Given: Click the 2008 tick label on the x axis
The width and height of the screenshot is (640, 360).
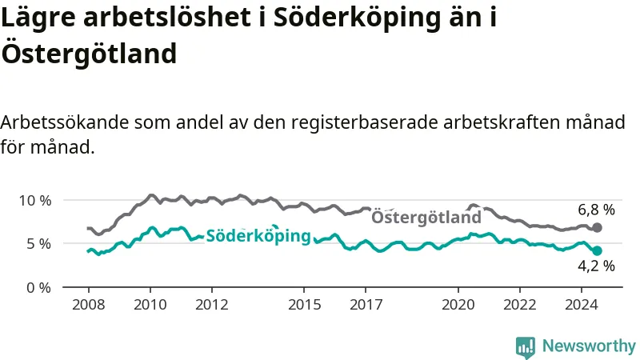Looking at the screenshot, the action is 89,305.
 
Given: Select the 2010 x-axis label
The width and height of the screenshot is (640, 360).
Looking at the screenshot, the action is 150,305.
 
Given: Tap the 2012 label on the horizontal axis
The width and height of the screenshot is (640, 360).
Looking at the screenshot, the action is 212,305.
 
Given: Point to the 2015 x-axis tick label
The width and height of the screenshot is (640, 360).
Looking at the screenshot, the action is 305,305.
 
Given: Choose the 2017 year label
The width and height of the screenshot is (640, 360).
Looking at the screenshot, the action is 366,305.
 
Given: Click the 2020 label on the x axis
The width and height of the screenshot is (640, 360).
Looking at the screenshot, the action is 458,305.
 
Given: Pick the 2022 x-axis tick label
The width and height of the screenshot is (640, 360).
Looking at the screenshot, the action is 520,305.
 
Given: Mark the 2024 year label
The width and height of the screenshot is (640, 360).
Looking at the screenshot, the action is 582,305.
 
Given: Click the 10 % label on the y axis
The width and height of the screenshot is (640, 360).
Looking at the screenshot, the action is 35,201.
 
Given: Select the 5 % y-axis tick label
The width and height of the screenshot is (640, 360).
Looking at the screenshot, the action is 39,244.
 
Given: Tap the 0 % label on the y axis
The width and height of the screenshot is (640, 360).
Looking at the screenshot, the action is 39,288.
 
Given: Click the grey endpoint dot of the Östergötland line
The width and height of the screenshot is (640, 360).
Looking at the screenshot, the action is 597,228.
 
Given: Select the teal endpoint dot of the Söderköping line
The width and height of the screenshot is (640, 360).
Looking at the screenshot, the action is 597,250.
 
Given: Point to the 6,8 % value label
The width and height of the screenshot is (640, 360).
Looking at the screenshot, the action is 596,210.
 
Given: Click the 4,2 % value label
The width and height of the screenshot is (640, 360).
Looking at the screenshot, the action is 596,266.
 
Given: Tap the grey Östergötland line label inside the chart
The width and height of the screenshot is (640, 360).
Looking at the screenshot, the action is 426,217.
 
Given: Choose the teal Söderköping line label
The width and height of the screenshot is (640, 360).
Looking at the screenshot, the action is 258,236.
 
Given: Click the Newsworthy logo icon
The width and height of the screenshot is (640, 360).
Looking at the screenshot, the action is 526,347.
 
